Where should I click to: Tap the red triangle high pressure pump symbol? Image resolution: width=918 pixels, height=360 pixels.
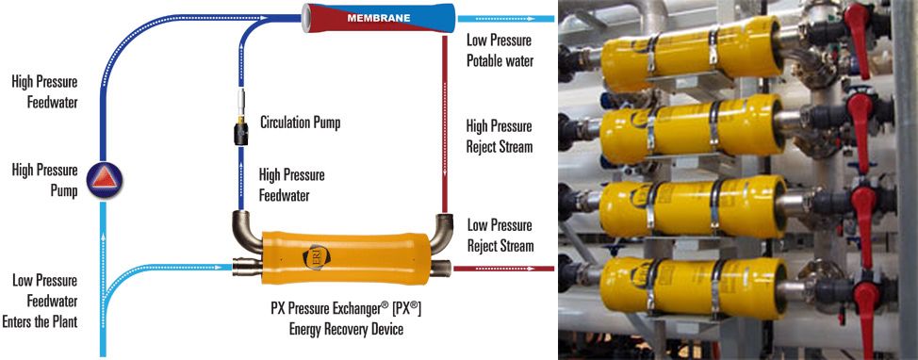click(105, 180)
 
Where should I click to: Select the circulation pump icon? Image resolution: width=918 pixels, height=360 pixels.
click(240, 118)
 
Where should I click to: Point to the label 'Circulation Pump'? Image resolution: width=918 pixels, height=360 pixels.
click(300, 123)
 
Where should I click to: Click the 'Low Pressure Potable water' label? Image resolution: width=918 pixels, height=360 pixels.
click(500, 50)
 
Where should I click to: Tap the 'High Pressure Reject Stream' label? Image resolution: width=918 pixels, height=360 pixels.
click(500, 137)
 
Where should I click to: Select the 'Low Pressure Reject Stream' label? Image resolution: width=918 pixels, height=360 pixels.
click(500, 236)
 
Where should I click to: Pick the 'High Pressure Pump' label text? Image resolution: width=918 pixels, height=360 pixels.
click(44, 180)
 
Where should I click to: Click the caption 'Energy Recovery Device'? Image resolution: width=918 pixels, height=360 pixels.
click(346, 329)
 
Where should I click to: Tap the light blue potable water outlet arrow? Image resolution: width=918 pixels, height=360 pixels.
click(506, 19)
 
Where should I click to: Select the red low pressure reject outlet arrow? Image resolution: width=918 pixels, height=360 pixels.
click(503, 269)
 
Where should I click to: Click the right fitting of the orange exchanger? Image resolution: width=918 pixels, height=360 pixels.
click(441, 268)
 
